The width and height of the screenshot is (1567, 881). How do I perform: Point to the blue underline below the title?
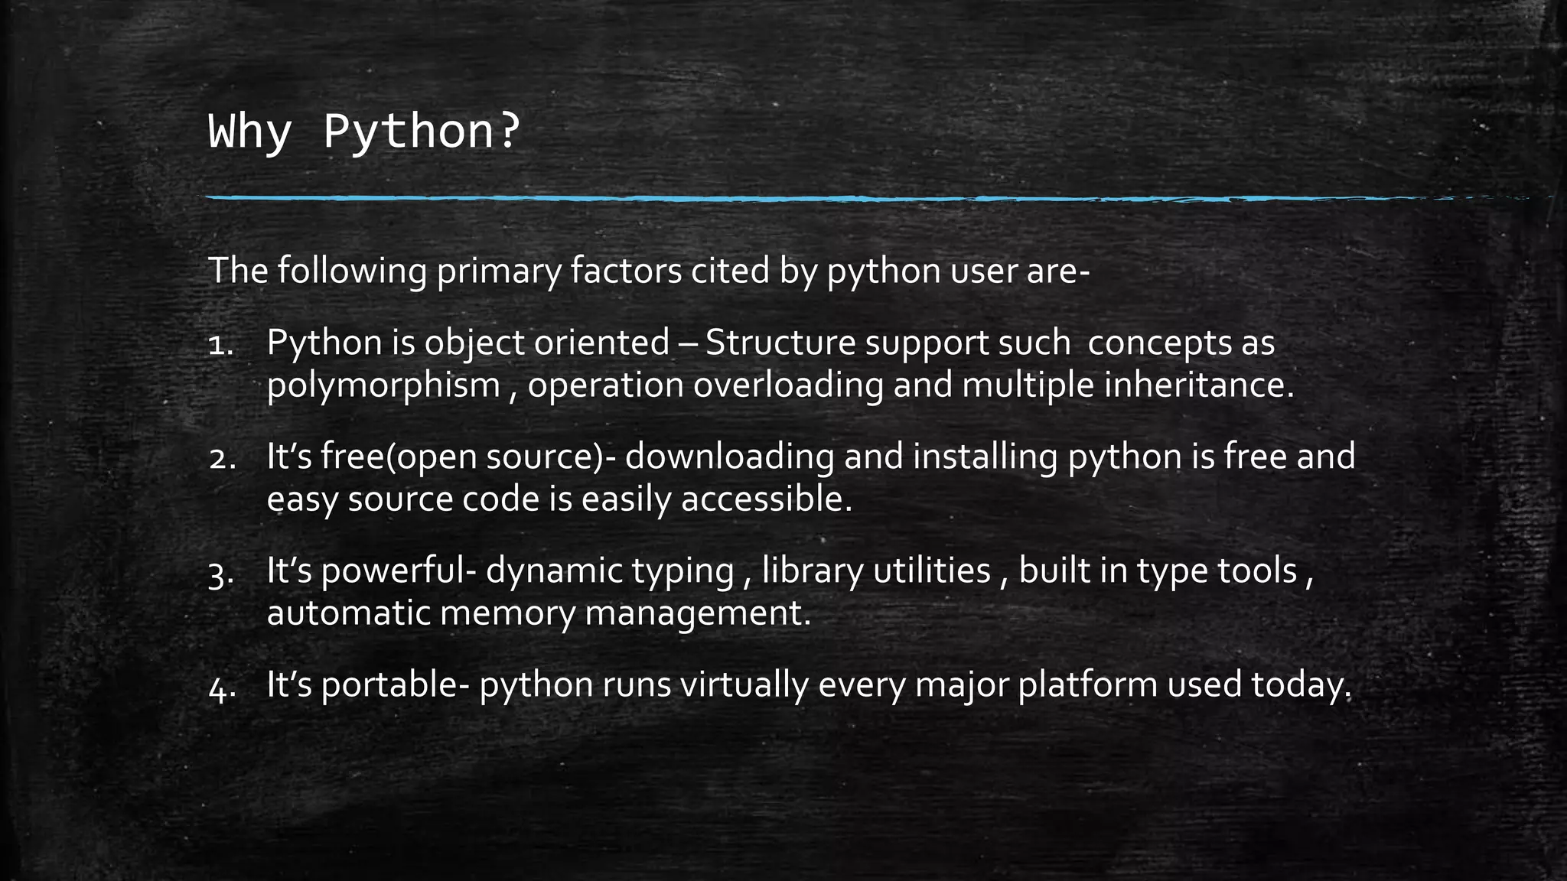[x=765, y=199]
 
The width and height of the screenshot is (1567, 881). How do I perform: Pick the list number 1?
[x=220, y=345]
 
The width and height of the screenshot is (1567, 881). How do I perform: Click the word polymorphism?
[x=383, y=385]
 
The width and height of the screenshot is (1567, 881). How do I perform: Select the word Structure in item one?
[x=780, y=343]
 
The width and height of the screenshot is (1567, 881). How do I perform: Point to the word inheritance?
[x=1198, y=385]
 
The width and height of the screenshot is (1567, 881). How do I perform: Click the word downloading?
[x=730, y=457]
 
